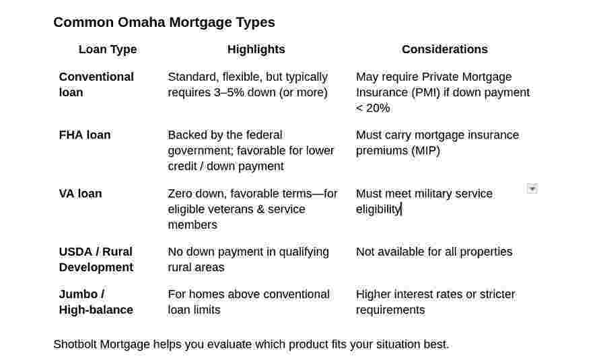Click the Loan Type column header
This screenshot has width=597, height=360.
(108, 50)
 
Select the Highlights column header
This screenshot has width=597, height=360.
(256, 49)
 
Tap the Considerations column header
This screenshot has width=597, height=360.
(445, 49)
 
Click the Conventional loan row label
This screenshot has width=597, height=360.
(96, 85)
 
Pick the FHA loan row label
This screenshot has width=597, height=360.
(85, 135)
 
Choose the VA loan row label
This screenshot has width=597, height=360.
(80, 194)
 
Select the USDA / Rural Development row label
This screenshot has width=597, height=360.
(96, 260)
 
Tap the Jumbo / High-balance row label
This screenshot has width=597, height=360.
(96, 302)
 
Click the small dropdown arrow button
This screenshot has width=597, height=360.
(532, 188)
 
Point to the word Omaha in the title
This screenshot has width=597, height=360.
(141, 22)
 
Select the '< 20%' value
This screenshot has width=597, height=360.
(373, 108)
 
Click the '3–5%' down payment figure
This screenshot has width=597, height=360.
(229, 92)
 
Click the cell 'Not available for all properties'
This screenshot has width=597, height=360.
(434, 252)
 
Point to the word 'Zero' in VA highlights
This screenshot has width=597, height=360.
(180, 194)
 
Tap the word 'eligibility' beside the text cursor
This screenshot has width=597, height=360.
(378, 209)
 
